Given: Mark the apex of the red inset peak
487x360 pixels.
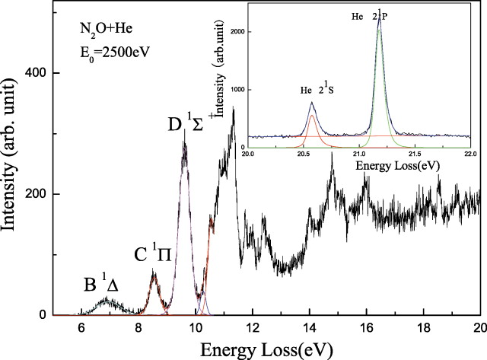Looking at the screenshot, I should [312, 116].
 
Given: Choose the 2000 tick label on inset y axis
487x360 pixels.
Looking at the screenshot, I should [237, 32].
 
